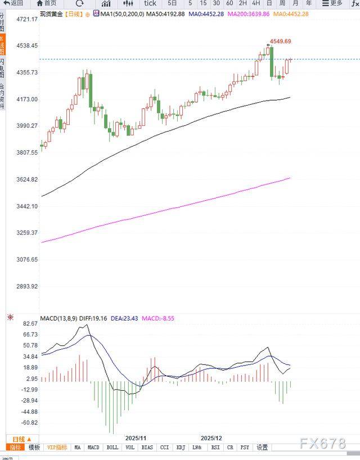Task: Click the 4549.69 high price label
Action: click(281, 41)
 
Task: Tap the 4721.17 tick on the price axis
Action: click(27, 19)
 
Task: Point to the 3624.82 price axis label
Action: click(27, 179)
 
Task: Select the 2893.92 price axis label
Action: click(27, 286)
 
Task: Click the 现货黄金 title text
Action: click(52, 13)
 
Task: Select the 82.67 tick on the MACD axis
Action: click(30, 324)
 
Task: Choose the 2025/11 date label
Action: click(136, 438)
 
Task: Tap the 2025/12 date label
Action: click(212, 438)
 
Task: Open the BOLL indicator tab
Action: click(112, 448)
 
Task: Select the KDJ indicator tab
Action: click(181, 448)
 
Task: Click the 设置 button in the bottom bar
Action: click(262, 448)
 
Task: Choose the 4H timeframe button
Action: click(256, 3)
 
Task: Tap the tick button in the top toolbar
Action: click(150, 3)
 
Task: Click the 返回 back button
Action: click(14, 3)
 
